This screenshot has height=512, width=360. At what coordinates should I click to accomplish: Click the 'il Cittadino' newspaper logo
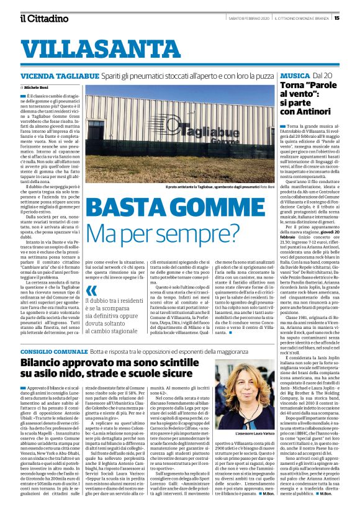click(43, 18)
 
